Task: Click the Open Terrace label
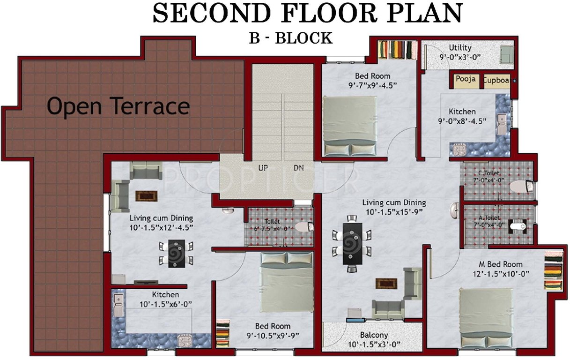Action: pos(118,107)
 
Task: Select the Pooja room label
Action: pos(466,79)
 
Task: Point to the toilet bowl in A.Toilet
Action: pos(517,227)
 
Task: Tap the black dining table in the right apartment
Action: pos(352,243)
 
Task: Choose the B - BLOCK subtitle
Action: pos(290,38)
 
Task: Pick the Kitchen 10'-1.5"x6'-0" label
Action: pos(165,295)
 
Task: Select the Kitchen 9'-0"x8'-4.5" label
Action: pos(462,112)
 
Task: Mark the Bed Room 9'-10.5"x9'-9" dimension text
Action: pos(273,335)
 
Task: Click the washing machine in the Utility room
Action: pos(506,54)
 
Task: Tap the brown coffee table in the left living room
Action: pos(145,196)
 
